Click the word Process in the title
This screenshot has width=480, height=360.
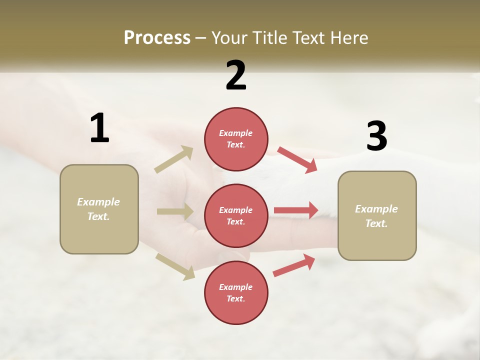coord(157,37)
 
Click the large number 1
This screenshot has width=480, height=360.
coord(99,128)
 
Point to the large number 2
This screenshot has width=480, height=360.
coord(236,75)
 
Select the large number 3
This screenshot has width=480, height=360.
coord(376,136)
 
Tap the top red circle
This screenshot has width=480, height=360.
coord(236,139)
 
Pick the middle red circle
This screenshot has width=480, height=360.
coord(236,215)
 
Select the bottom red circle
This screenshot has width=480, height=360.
coord(236,292)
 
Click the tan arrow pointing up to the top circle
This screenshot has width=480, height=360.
coord(174,159)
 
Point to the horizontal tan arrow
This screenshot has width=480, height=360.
coord(175,211)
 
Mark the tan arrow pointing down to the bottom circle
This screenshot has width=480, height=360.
coord(175,266)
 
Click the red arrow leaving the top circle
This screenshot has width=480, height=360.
coord(297,159)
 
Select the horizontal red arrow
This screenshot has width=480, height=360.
coord(296,210)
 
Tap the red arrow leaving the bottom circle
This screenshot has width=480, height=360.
coord(294,265)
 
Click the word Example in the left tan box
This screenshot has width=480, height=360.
coord(98,202)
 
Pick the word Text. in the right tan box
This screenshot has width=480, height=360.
coord(376,223)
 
